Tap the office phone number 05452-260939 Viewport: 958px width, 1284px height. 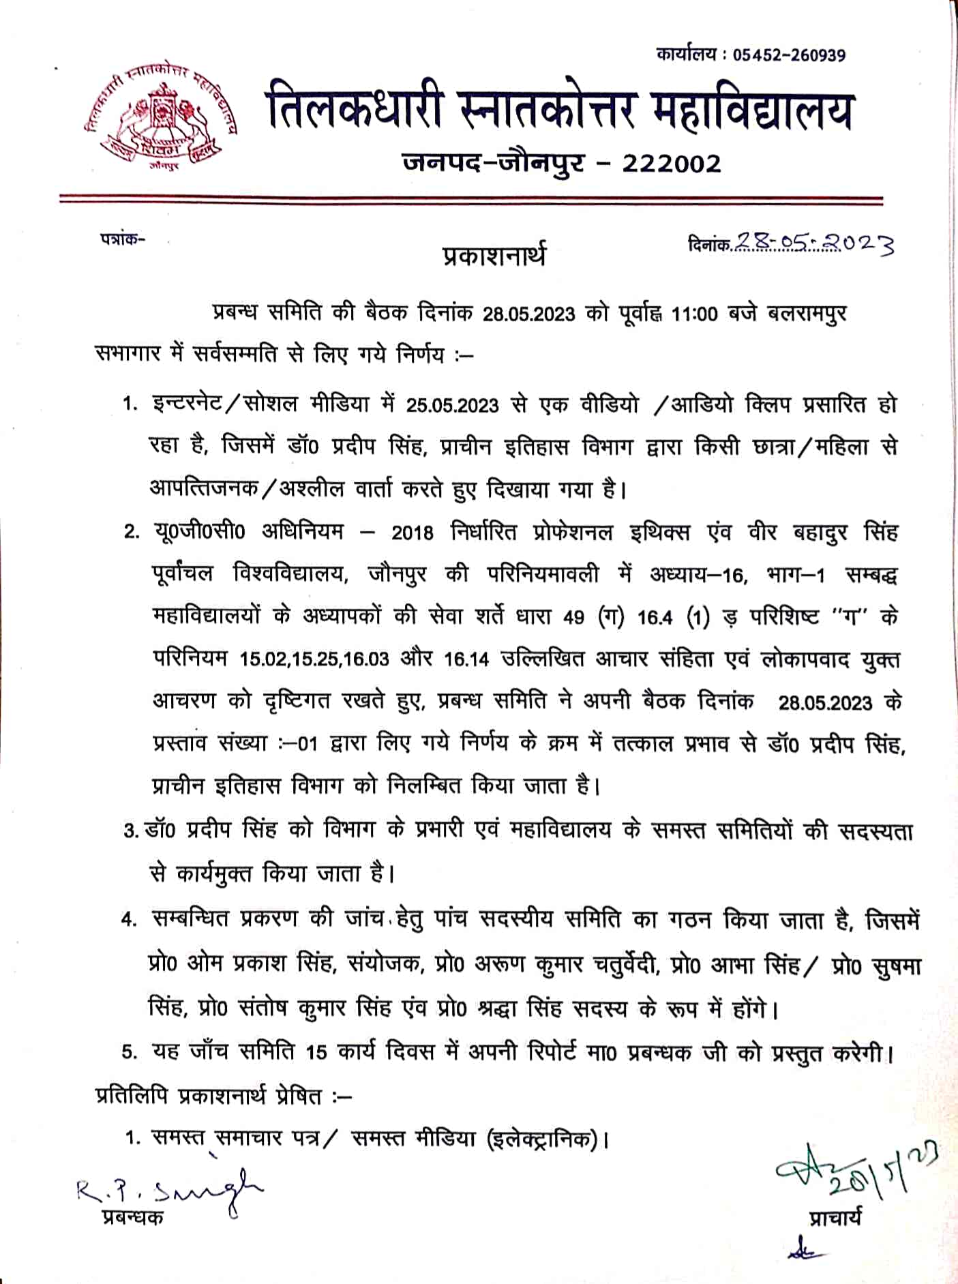(x=789, y=55)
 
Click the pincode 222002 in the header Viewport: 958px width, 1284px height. (x=671, y=164)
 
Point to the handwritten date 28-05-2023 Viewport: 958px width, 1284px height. (x=813, y=242)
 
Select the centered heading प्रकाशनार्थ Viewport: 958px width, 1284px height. (x=494, y=256)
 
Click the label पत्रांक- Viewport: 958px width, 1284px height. (x=123, y=239)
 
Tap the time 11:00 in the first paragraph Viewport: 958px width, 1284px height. (x=694, y=314)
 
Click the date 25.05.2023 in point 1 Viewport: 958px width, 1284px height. (x=452, y=406)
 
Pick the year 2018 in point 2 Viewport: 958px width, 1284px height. (x=412, y=533)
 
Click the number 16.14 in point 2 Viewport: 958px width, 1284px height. (x=466, y=659)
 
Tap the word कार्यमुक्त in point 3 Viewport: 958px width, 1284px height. (x=213, y=874)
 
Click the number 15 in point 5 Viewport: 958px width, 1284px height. (x=316, y=1052)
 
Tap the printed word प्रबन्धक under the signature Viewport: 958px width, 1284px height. (x=133, y=1218)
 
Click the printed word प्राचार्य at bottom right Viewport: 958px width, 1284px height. (x=835, y=1218)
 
